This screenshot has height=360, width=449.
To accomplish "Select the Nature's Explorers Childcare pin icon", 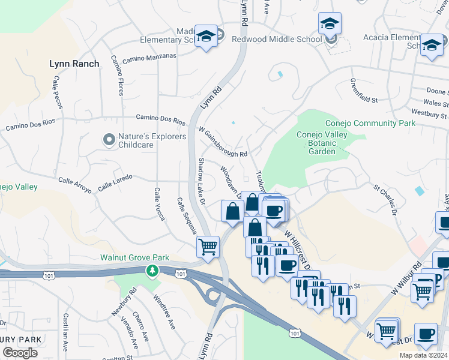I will (109, 140).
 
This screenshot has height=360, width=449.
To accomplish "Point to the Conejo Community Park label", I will (370, 123).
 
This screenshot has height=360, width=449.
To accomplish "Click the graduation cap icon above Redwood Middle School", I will (330, 24).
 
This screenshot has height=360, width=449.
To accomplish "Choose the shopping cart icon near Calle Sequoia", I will (208, 246).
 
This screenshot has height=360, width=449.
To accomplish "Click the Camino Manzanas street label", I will (149, 58).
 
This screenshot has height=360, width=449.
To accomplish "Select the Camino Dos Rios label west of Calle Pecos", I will (30, 124).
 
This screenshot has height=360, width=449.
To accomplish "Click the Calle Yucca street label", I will (159, 204).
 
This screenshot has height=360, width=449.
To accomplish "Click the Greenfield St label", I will (372, 91).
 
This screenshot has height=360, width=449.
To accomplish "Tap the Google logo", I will (20, 353).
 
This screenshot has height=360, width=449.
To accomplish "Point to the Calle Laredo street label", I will (114, 181).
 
